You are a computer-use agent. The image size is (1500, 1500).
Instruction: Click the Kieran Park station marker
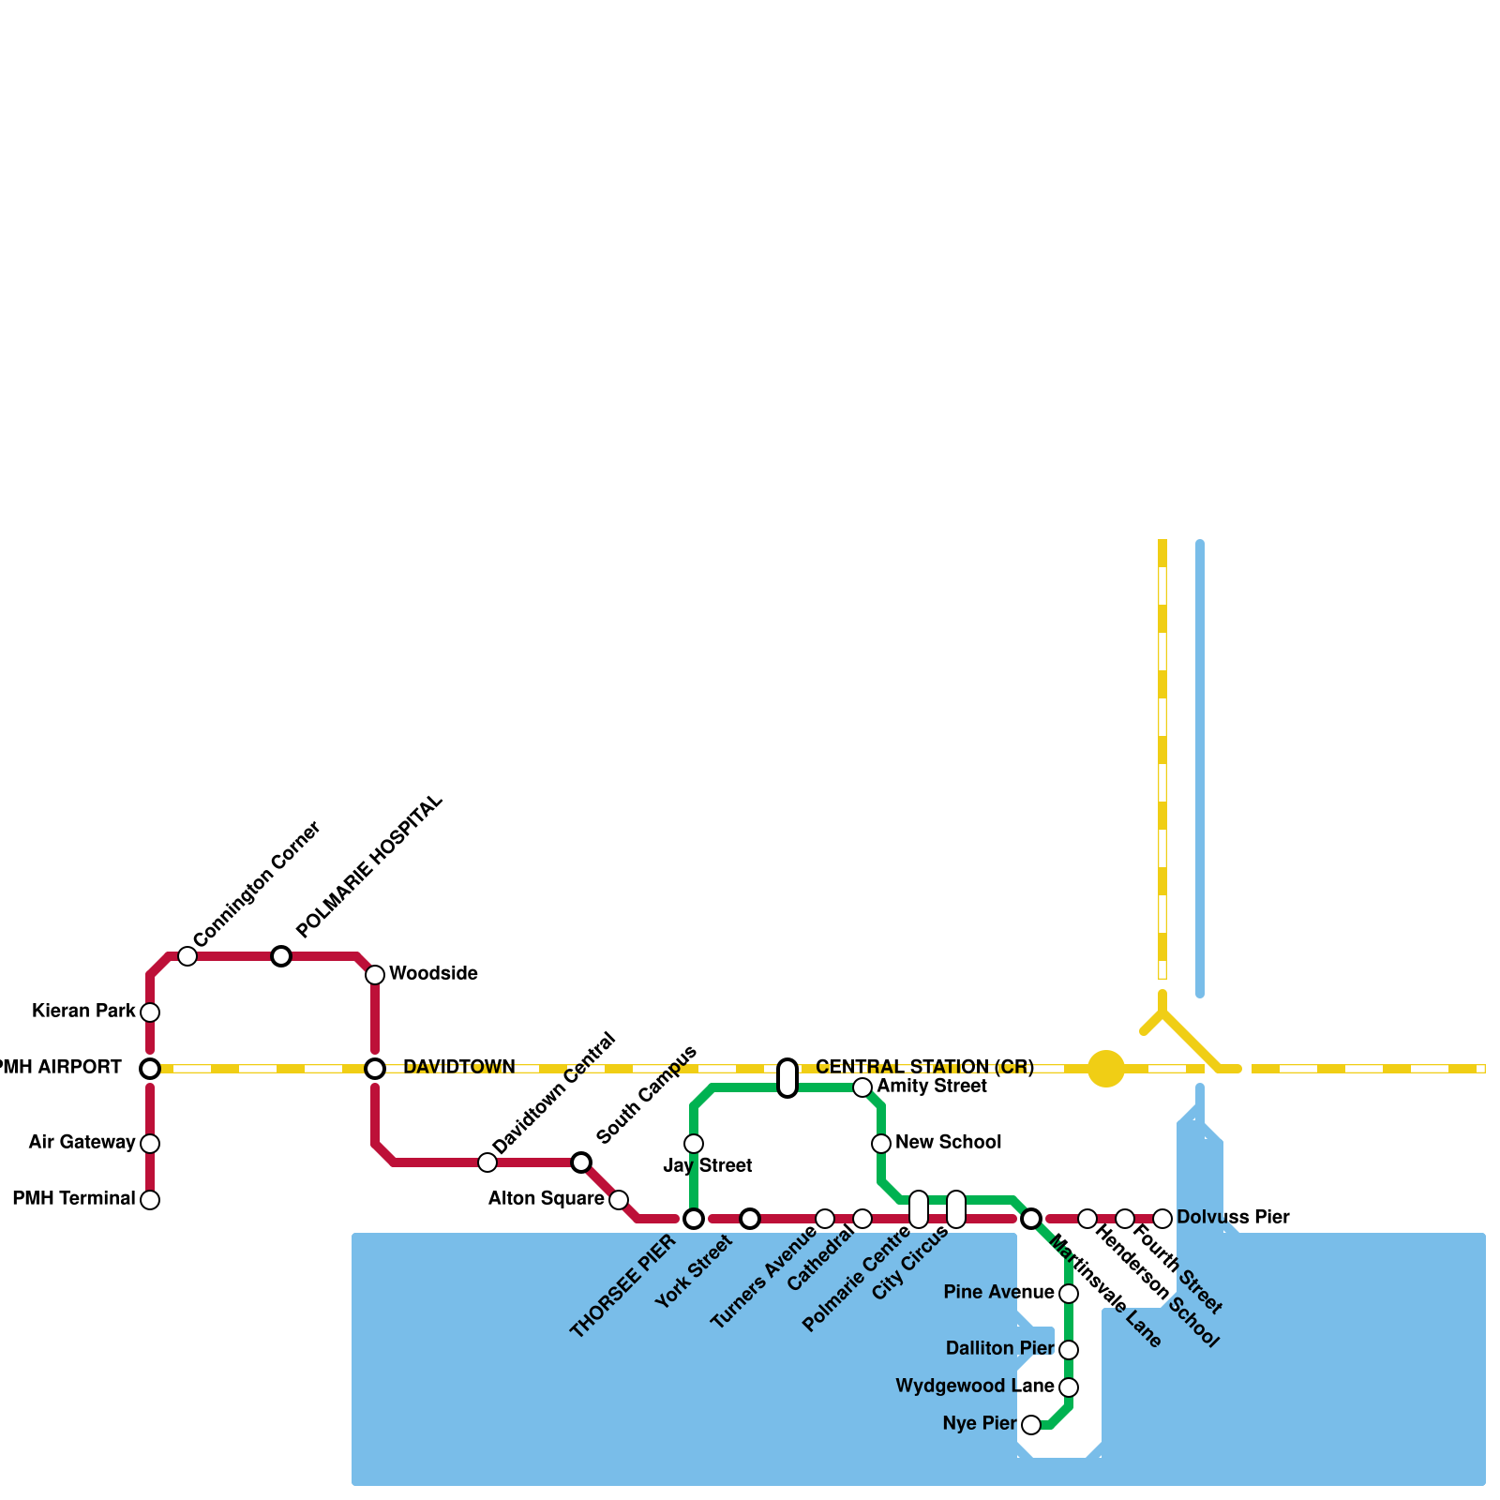click(150, 1012)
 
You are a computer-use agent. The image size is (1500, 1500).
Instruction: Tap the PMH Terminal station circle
click(150, 1200)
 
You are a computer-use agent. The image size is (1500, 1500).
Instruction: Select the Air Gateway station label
click(82, 1142)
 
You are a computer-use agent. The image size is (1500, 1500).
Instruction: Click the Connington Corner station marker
click(187, 956)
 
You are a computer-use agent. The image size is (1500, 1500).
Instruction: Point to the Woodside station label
click(433, 973)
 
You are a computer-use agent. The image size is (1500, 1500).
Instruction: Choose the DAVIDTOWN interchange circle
click(375, 1069)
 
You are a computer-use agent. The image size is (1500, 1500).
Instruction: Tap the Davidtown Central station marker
click(487, 1162)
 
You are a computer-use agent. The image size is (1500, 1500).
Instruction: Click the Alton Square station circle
click(619, 1200)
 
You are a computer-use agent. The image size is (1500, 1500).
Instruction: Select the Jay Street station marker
click(694, 1144)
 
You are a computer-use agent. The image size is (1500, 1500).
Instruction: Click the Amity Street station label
click(932, 1086)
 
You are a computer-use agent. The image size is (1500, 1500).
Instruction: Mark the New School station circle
click(881, 1144)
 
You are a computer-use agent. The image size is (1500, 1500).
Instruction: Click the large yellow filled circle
click(1106, 1069)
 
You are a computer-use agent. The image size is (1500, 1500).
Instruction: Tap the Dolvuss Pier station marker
click(1162, 1219)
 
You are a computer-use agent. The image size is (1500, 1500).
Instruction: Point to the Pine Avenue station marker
click(1069, 1294)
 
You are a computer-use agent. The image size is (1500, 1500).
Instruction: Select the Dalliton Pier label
click(999, 1348)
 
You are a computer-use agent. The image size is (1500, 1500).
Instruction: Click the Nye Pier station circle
click(1031, 1425)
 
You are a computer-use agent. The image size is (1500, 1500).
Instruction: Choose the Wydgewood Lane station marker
click(1069, 1387)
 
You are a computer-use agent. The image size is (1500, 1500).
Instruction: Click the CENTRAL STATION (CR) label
click(924, 1067)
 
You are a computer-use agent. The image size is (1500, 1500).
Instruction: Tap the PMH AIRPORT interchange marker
click(150, 1069)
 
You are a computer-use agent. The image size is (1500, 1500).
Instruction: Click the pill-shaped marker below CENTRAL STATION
click(787, 1078)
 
